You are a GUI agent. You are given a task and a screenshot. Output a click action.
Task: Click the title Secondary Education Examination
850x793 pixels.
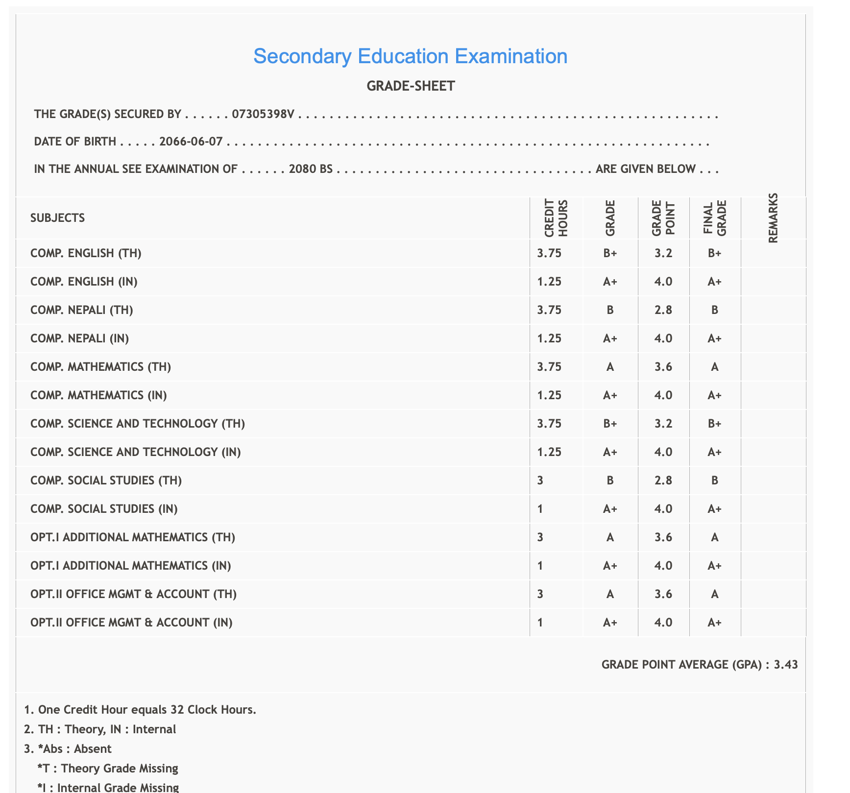click(410, 56)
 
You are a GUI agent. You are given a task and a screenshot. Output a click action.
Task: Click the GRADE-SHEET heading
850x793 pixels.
click(411, 86)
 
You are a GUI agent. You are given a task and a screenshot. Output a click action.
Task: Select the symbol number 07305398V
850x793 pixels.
click(263, 115)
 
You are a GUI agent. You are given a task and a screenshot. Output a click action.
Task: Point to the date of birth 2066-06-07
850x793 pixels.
click(191, 142)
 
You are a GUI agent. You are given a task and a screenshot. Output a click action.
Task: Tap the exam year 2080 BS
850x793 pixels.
click(311, 169)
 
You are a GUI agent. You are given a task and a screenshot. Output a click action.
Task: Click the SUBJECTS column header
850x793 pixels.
click(57, 218)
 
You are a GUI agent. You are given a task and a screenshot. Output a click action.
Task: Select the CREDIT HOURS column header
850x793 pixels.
click(556, 218)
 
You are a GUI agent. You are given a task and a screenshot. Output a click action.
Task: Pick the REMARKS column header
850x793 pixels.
click(773, 218)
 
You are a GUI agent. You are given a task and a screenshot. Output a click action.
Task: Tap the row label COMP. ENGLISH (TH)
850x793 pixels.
click(86, 253)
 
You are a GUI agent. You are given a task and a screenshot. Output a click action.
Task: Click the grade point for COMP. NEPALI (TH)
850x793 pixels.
click(663, 310)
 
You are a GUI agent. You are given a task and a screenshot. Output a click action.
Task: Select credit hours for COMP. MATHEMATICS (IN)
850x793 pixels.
click(549, 395)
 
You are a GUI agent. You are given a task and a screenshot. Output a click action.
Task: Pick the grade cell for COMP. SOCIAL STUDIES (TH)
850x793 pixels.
click(610, 481)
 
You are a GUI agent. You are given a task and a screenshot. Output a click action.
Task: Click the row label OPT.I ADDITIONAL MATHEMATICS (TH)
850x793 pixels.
click(133, 537)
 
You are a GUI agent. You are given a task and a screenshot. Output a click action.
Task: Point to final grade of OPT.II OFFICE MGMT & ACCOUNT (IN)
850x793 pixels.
click(714, 623)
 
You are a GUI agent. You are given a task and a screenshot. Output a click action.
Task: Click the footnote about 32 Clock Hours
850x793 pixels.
click(140, 709)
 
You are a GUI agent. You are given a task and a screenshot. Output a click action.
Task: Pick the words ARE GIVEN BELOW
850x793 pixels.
click(645, 169)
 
